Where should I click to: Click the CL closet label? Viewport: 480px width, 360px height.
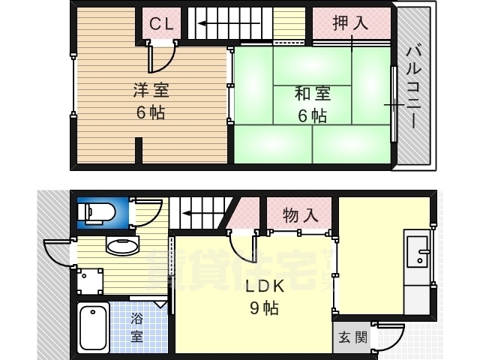(161, 23)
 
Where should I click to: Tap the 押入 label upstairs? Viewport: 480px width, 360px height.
(350, 23)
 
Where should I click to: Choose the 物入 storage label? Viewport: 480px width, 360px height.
(300, 215)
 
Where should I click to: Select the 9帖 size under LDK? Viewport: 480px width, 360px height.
(264, 307)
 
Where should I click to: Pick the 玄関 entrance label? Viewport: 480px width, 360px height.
(352, 338)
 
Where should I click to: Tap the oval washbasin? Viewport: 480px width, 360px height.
(122, 246)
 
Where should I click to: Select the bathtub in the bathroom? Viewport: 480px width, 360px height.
(93, 328)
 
